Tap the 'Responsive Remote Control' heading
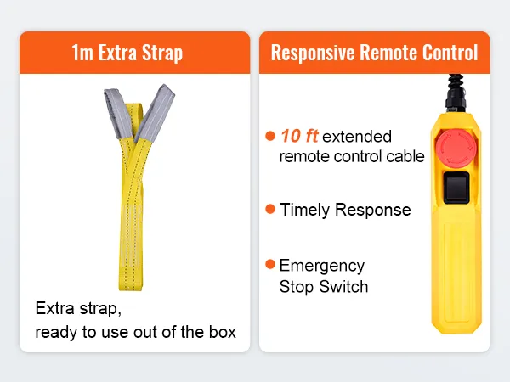(x=374, y=53)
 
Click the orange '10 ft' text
(x=299, y=136)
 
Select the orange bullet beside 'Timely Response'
(x=270, y=209)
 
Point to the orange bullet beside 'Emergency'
(x=270, y=265)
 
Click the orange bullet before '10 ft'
(x=270, y=136)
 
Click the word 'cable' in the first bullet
(x=405, y=157)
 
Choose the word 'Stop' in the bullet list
(x=297, y=287)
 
